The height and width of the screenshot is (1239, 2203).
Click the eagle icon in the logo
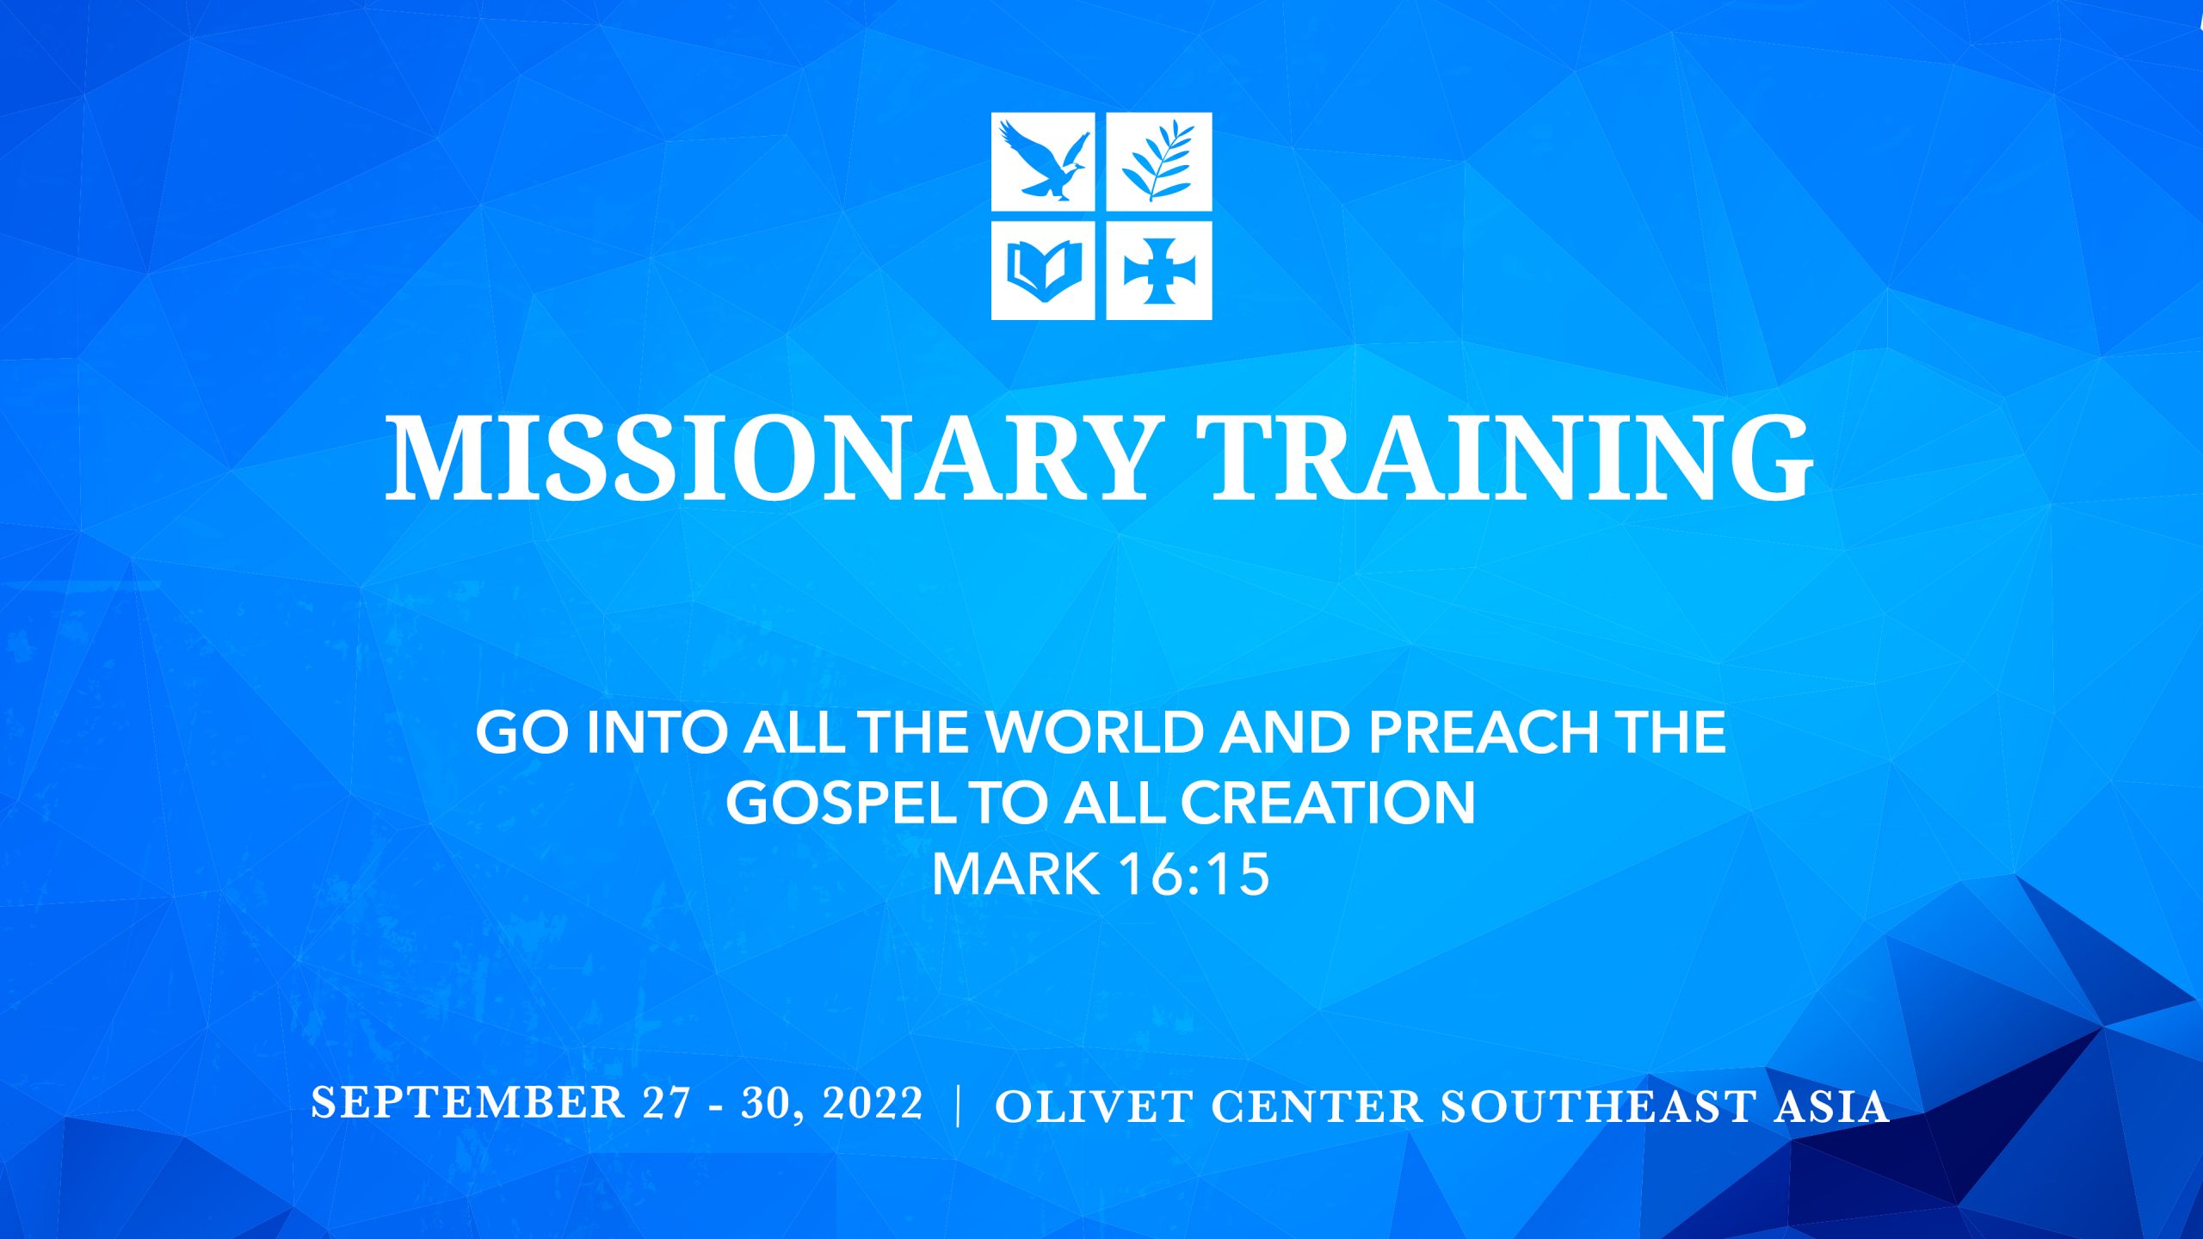tap(1043, 162)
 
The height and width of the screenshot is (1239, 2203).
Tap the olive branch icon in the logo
tap(1158, 162)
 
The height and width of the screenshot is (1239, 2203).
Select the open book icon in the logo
tap(1043, 270)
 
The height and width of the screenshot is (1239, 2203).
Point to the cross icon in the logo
tap(1158, 270)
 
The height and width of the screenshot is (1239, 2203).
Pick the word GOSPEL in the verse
tap(840, 803)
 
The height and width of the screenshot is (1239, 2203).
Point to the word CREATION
tap(1328, 803)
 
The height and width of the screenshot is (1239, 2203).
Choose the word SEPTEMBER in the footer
tap(468, 1102)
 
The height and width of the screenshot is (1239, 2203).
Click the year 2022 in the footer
tap(873, 1102)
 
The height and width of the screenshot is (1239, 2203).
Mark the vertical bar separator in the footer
tap(959, 1106)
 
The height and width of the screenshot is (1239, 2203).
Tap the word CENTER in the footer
tap(1317, 1106)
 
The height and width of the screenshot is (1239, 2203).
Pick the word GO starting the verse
tap(522, 732)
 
